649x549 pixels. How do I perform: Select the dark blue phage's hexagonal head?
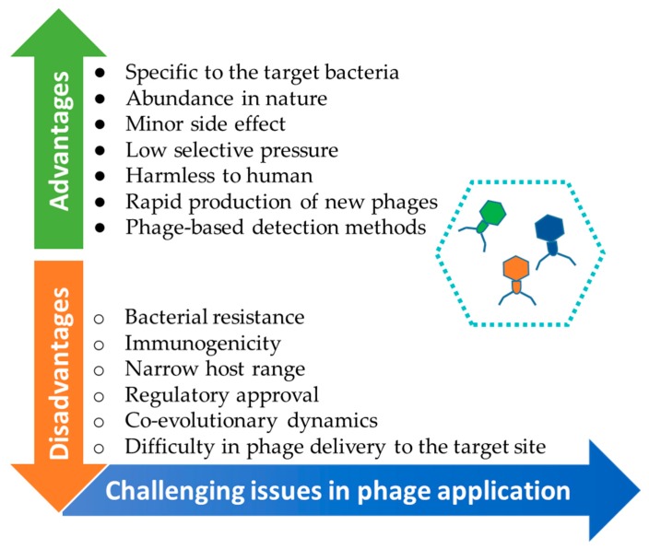pos(549,228)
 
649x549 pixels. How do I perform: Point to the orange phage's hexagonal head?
pos(516,268)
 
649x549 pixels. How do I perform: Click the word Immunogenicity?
pos(203,345)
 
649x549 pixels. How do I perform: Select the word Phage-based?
pos(184,228)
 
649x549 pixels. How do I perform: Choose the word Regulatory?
pos(177,395)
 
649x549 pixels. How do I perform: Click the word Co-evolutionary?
pos(201,421)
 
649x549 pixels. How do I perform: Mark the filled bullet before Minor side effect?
pos(100,124)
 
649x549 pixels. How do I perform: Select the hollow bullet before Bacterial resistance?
pos(99,319)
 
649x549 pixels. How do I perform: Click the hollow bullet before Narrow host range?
pos(99,370)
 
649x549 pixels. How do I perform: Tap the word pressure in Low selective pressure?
pos(299,151)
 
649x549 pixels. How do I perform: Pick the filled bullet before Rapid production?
pos(100,202)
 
